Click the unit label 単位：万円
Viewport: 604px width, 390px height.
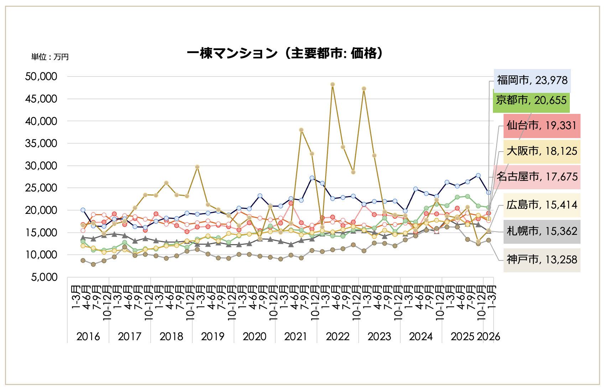(x=50, y=57)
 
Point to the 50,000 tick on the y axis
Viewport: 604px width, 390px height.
(x=41, y=77)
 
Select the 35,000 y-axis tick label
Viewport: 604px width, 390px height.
(x=41, y=143)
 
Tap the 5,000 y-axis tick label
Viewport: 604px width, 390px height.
(x=44, y=277)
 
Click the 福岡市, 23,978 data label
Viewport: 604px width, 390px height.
(x=532, y=80)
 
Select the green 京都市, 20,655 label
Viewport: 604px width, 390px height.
(x=531, y=100)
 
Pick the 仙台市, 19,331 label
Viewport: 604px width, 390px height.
(x=541, y=126)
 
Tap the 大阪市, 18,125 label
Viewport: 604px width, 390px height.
(x=541, y=151)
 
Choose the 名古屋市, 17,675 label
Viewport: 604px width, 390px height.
(x=537, y=177)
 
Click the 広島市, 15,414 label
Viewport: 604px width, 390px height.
(x=541, y=205)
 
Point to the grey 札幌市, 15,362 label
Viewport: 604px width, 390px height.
(x=541, y=231)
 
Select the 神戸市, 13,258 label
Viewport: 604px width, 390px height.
(x=541, y=260)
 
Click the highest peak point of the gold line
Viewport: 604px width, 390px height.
(x=333, y=84)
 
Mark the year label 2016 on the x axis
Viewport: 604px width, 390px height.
(x=88, y=336)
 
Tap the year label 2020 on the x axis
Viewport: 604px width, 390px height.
(x=254, y=336)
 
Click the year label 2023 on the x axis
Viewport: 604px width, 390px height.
(x=379, y=336)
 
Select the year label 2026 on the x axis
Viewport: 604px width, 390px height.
(x=489, y=336)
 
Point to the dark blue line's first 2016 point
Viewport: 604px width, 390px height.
(x=83, y=210)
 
